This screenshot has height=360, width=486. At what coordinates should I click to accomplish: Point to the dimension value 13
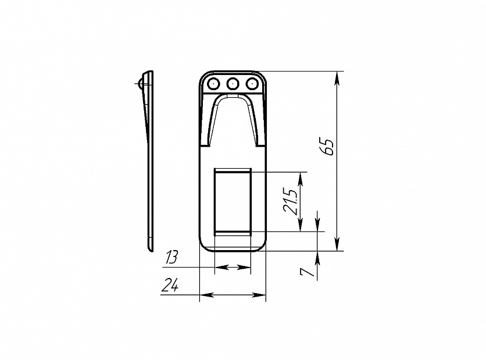[x=171, y=258]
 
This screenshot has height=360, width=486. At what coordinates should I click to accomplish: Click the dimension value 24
[x=170, y=285]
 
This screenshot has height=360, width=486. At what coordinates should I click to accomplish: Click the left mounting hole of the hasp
[x=213, y=83]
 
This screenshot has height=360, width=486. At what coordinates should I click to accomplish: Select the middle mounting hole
[x=233, y=83]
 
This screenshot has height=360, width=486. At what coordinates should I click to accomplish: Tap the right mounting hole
[x=252, y=83]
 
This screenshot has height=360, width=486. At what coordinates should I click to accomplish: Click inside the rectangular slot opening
[x=233, y=202]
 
